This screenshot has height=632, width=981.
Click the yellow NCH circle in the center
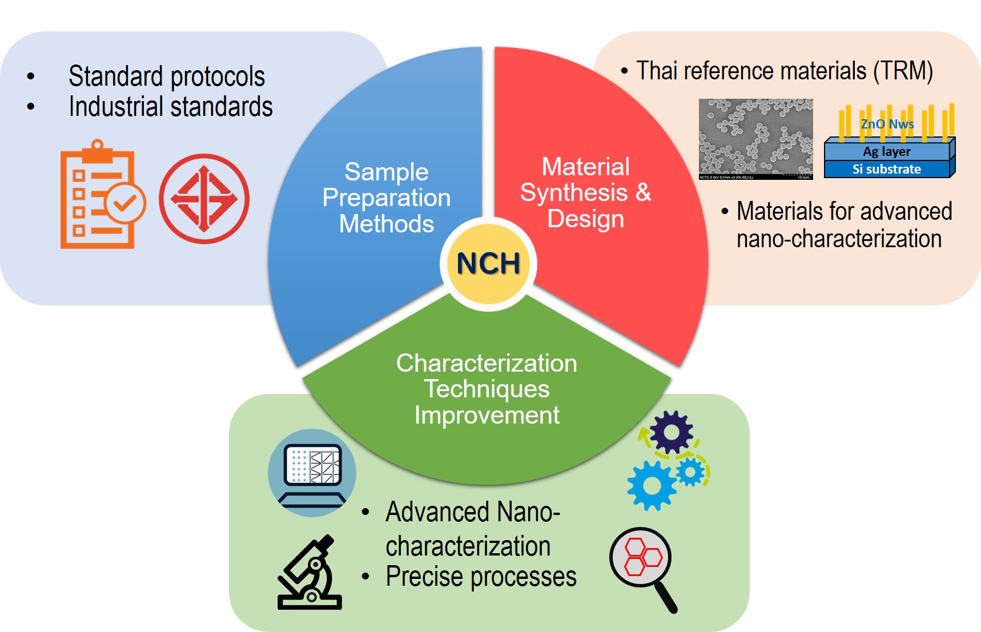[488, 264]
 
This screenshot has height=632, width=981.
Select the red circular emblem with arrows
[204, 199]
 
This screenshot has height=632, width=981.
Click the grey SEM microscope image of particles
[755, 139]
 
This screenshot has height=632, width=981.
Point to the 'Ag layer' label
[886, 151]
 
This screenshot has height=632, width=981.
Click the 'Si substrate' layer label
[886, 169]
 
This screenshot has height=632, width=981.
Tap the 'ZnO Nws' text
[887, 124]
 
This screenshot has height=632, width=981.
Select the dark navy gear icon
[672, 432]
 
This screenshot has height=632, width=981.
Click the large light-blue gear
[652, 485]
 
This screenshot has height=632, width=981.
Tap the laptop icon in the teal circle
[312, 473]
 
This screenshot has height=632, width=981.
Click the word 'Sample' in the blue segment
[387, 172]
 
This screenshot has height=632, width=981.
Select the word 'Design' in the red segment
[585, 219]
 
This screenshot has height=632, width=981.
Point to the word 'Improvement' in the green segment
[487, 415]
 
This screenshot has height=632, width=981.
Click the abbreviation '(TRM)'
[903, 71]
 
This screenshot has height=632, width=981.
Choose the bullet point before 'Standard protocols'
[31, 76]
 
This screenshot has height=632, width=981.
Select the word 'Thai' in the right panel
[657, 71]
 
